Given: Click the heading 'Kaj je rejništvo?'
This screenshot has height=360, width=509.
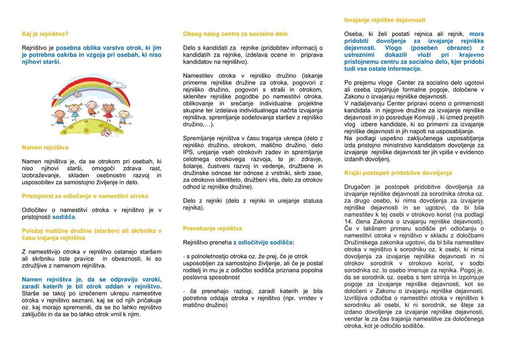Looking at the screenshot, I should [45, 34].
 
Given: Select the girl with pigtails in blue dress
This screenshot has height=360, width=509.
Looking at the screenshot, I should [109, 111].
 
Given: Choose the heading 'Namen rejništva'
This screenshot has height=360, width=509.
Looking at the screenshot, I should [45, 148].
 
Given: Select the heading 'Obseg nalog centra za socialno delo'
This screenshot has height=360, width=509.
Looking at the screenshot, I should [235, 34].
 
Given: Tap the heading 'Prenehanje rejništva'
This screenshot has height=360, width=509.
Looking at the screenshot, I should [212, 229].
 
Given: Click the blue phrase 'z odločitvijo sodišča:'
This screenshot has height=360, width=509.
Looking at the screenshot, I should [263, 242].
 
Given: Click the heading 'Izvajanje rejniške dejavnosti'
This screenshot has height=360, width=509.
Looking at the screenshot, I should [385, 20].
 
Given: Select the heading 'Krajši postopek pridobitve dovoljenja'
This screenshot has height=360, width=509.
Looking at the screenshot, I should [398, 173].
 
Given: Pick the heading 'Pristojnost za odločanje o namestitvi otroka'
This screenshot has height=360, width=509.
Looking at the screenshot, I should [85, 196].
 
